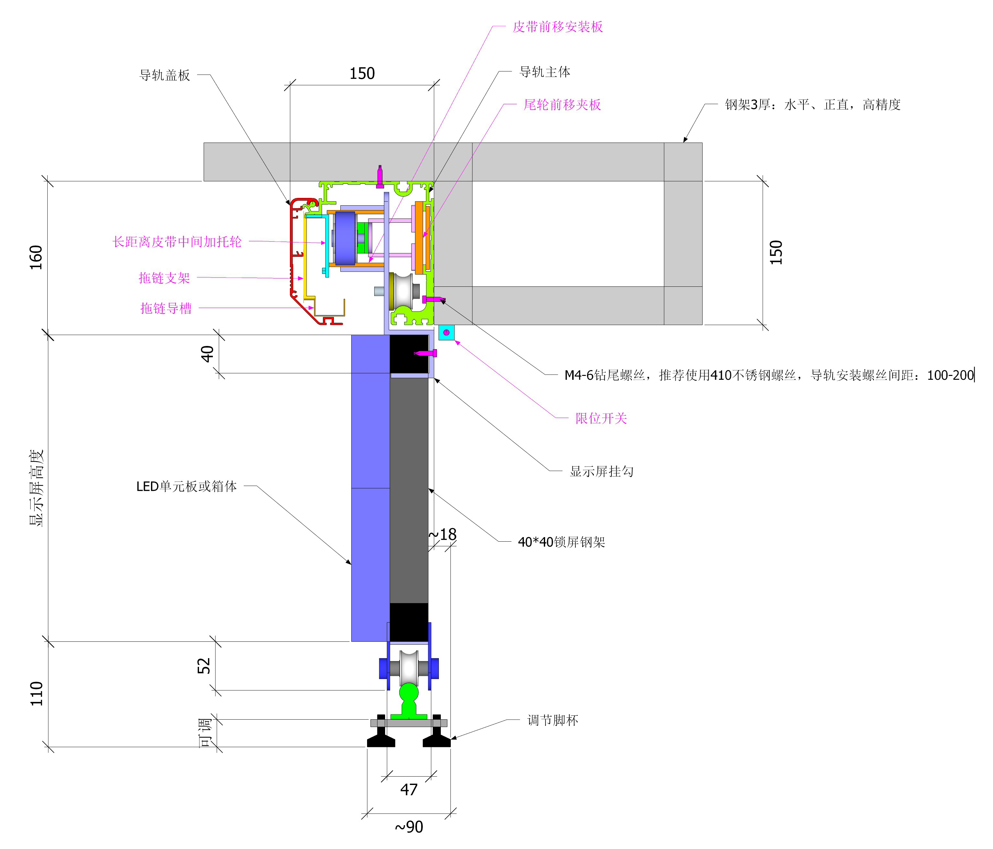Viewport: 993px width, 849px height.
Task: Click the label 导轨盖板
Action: [165, 75]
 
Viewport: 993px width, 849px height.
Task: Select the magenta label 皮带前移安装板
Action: [557, 27]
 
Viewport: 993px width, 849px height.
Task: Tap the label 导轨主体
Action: [544, 72]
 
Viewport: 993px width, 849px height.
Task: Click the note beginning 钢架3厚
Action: [812, 105]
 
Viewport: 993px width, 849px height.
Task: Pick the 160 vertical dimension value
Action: [36, 257]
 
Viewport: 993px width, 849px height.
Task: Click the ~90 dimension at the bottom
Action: [409, 826]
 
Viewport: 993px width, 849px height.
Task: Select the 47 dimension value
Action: [409, 789]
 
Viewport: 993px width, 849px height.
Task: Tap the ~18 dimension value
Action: [442, 534]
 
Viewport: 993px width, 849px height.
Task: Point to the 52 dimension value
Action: [204, 666]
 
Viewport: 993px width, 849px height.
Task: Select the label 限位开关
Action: [601, 418]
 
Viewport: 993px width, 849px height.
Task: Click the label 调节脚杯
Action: [553, 720]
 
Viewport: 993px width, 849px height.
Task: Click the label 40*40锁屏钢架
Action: [561, 542]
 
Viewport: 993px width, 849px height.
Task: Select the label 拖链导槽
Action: [166, 308]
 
